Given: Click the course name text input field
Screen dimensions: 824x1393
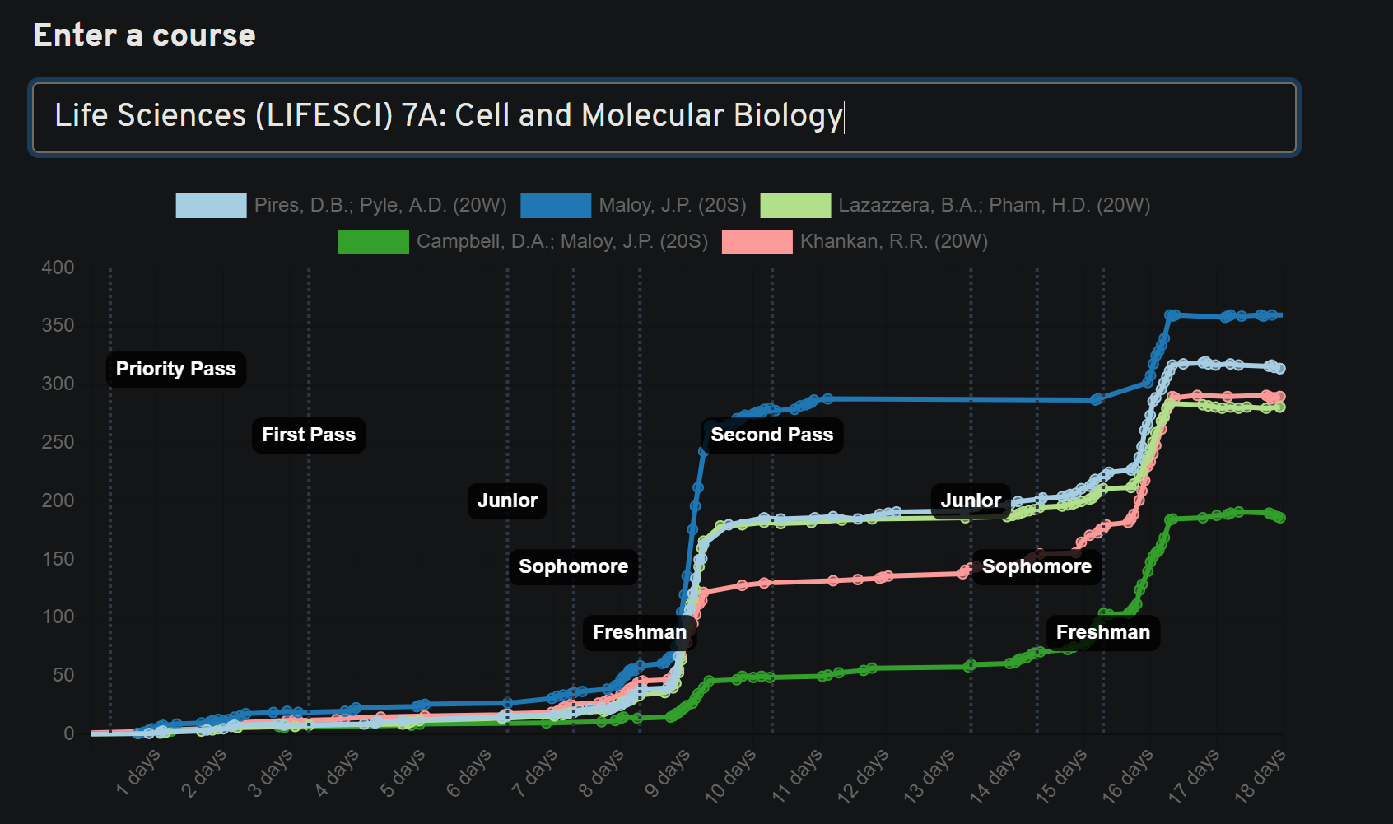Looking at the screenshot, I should pos(664,116).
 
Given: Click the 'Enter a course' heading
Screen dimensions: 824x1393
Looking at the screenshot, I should pos(144,35).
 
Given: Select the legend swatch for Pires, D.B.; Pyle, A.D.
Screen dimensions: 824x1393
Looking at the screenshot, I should pos(211,206).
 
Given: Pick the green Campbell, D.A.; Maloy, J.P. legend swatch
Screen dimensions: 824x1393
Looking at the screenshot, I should pos(373,242).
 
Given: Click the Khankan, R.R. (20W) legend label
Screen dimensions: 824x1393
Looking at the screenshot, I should pos(893,242).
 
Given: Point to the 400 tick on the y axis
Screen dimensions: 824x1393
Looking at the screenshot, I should pos(58,268).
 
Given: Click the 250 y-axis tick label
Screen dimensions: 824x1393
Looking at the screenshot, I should pos(58,442).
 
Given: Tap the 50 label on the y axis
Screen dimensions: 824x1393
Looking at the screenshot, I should pos(63,675).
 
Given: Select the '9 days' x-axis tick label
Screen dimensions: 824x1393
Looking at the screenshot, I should pos(667,774).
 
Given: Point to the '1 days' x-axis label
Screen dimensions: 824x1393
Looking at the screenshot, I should pos(138,774).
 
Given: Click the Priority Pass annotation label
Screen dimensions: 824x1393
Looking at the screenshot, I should pos(175,369).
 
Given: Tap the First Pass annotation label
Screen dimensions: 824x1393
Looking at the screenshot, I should pos(309,435).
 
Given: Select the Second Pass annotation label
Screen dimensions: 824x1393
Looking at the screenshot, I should pos(771,435).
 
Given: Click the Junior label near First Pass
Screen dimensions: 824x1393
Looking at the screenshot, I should pos(507,500).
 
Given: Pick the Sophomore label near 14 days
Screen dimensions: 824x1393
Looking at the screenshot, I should pos(1037,566).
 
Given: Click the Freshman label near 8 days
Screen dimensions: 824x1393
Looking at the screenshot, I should pos(640,632).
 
